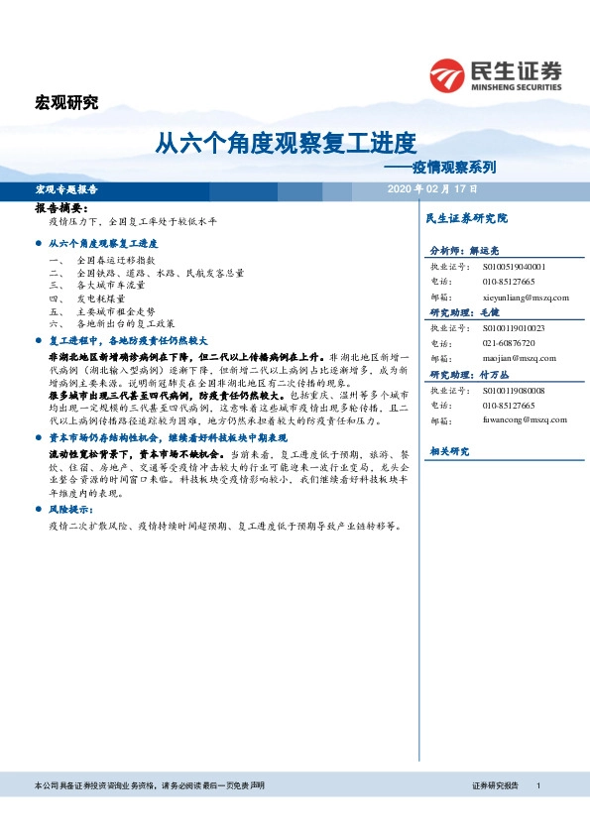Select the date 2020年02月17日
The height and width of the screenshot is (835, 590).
point(432,188)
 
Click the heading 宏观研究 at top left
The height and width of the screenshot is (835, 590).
point(66,103)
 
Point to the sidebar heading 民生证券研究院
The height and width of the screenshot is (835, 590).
point(465,217)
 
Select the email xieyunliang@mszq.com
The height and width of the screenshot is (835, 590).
point(512,297)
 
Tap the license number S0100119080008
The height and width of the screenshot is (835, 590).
point(514,390)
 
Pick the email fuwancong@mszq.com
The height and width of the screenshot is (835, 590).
point(511,419)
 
